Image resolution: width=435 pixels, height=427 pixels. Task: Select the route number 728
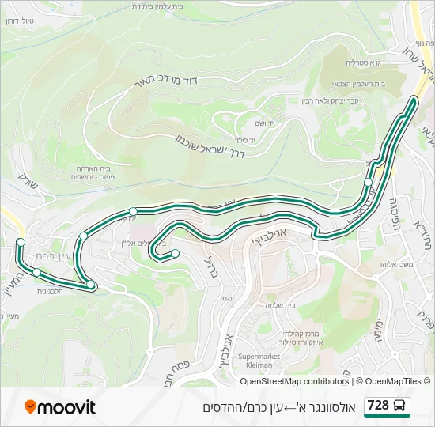tap(378, 406)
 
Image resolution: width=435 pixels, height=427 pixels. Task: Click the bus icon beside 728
tap(400, 406)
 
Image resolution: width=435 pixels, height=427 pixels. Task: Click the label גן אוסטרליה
tap(363, 62)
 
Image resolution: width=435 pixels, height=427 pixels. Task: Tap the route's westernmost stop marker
tap(21, 242)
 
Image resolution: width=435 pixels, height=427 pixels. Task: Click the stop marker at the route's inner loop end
tap(175, 253)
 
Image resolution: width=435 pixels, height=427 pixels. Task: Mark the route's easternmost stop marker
tap(369, 182)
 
